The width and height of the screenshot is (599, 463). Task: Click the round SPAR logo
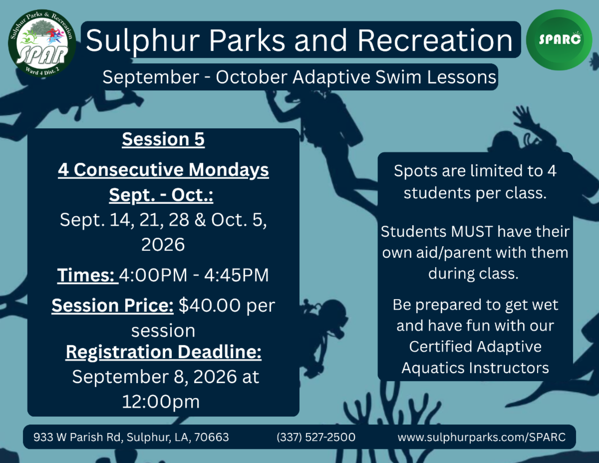coord(42,43)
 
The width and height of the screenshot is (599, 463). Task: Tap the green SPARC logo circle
coord(559,40)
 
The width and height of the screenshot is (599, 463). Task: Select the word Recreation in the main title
coord(435,40)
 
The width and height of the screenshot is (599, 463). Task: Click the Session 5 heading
coord(163,139)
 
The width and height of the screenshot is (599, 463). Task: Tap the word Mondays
coord(229,170)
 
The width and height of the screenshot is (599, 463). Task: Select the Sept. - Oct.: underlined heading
coord(161,195)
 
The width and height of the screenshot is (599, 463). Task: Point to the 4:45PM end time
coord(236,275)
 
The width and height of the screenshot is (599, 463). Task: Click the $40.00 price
coord(210,305)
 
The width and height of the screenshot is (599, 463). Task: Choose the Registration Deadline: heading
coord(163,352)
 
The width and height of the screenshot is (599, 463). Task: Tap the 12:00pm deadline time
coord(161,402)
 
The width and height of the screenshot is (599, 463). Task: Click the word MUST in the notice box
coord(472,231)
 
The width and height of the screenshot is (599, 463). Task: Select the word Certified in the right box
coord(440,347)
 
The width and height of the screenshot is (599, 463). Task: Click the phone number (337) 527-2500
coord(316,437)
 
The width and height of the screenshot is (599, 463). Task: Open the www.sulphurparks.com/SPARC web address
coord(481,437)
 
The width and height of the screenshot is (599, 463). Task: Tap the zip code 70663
coord(212,437)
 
